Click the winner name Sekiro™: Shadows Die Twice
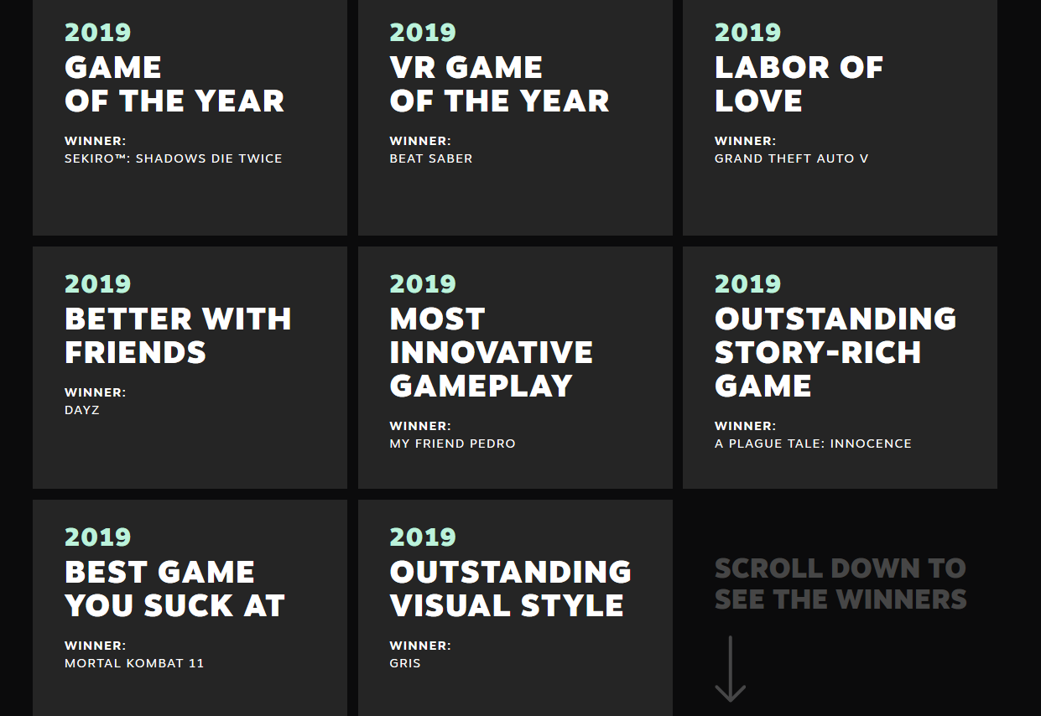(x=174, y=158)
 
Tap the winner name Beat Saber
(x=431, y=158)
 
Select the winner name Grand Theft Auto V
(x=791, y=158)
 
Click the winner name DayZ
(x=82, y=410)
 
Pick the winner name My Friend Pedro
(x=452, y=444)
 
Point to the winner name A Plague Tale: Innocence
(x=813, y=444)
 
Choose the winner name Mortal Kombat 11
(x=134, y=663)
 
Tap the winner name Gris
(x=405, y=663)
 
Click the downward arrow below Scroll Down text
(x=730, y=668)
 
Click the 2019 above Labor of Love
(x=747, y=33)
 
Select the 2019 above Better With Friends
(x=97, y=284)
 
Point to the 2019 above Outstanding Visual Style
(x=423, y=537)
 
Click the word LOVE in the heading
(x=758, y=101)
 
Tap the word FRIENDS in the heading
(x=135, y=352)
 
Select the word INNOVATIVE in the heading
(x=491, y=352)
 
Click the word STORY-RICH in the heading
(x=818, y=352)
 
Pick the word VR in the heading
(x=411, y=68)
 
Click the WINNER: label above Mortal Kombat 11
(x=96, y=646)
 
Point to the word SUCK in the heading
(x=188, y=605)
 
